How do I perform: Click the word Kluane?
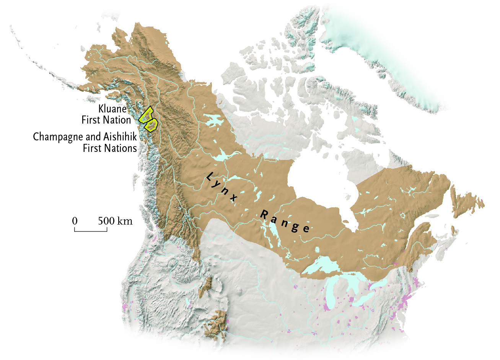pos(112,109)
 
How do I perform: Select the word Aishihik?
pos(120,137)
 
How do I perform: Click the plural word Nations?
pos(120,148)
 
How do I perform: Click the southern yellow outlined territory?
pos(151,125)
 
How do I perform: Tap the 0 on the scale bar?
pos(75,221)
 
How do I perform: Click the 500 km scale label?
pos(115,221)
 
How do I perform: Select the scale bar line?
pos(91,231)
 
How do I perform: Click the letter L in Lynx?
pos(210,177)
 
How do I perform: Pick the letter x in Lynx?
pos(233,195)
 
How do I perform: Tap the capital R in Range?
pos(264,214)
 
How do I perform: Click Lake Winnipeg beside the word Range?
pos(274,230)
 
